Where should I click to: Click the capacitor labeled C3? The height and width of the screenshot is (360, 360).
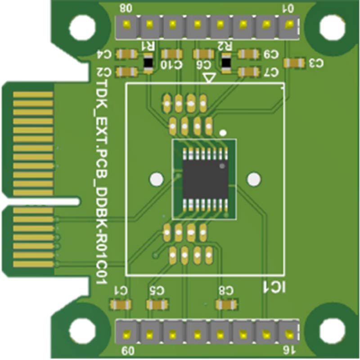(x=295, y=63)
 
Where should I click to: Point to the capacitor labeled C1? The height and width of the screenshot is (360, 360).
(x=121, y=305)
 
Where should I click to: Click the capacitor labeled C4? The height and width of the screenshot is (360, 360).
(x=126, y=54)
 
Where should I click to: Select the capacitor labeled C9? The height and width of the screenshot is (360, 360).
(x=248, y=54)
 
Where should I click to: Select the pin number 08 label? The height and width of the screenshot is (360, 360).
(x=126, y=8)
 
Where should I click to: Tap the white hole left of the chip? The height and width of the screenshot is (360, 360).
(x=156, y=179)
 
